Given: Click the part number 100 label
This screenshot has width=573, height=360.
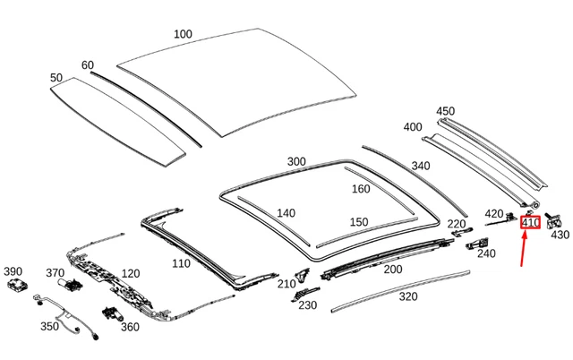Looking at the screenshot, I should [183, 34].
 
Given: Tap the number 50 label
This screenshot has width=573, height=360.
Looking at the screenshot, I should [56, 78].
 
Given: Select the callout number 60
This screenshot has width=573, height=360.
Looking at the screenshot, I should [88, 65].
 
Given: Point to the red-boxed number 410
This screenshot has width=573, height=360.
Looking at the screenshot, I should [530, 222].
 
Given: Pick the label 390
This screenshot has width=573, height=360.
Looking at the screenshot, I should [13, 271].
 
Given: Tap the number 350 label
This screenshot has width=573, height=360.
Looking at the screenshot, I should [48, 326].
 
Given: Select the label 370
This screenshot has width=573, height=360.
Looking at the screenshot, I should [55, 273].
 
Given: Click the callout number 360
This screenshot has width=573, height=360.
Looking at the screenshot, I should [130, 327].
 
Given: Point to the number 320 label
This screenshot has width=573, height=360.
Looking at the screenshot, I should [408, 296].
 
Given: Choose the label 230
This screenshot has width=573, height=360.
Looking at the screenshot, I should [308, 305].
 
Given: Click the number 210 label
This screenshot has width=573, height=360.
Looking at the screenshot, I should [286, 284].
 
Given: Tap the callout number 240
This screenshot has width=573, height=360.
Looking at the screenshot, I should [486, 253].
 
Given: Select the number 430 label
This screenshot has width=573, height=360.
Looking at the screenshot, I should [560, 235].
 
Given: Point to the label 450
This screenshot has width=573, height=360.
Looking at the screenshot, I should [445, 111].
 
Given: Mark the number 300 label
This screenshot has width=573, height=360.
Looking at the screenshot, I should [296, 161].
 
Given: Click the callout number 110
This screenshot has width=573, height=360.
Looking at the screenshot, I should [181, 263].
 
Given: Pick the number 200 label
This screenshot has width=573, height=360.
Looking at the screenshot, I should [392, 269].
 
